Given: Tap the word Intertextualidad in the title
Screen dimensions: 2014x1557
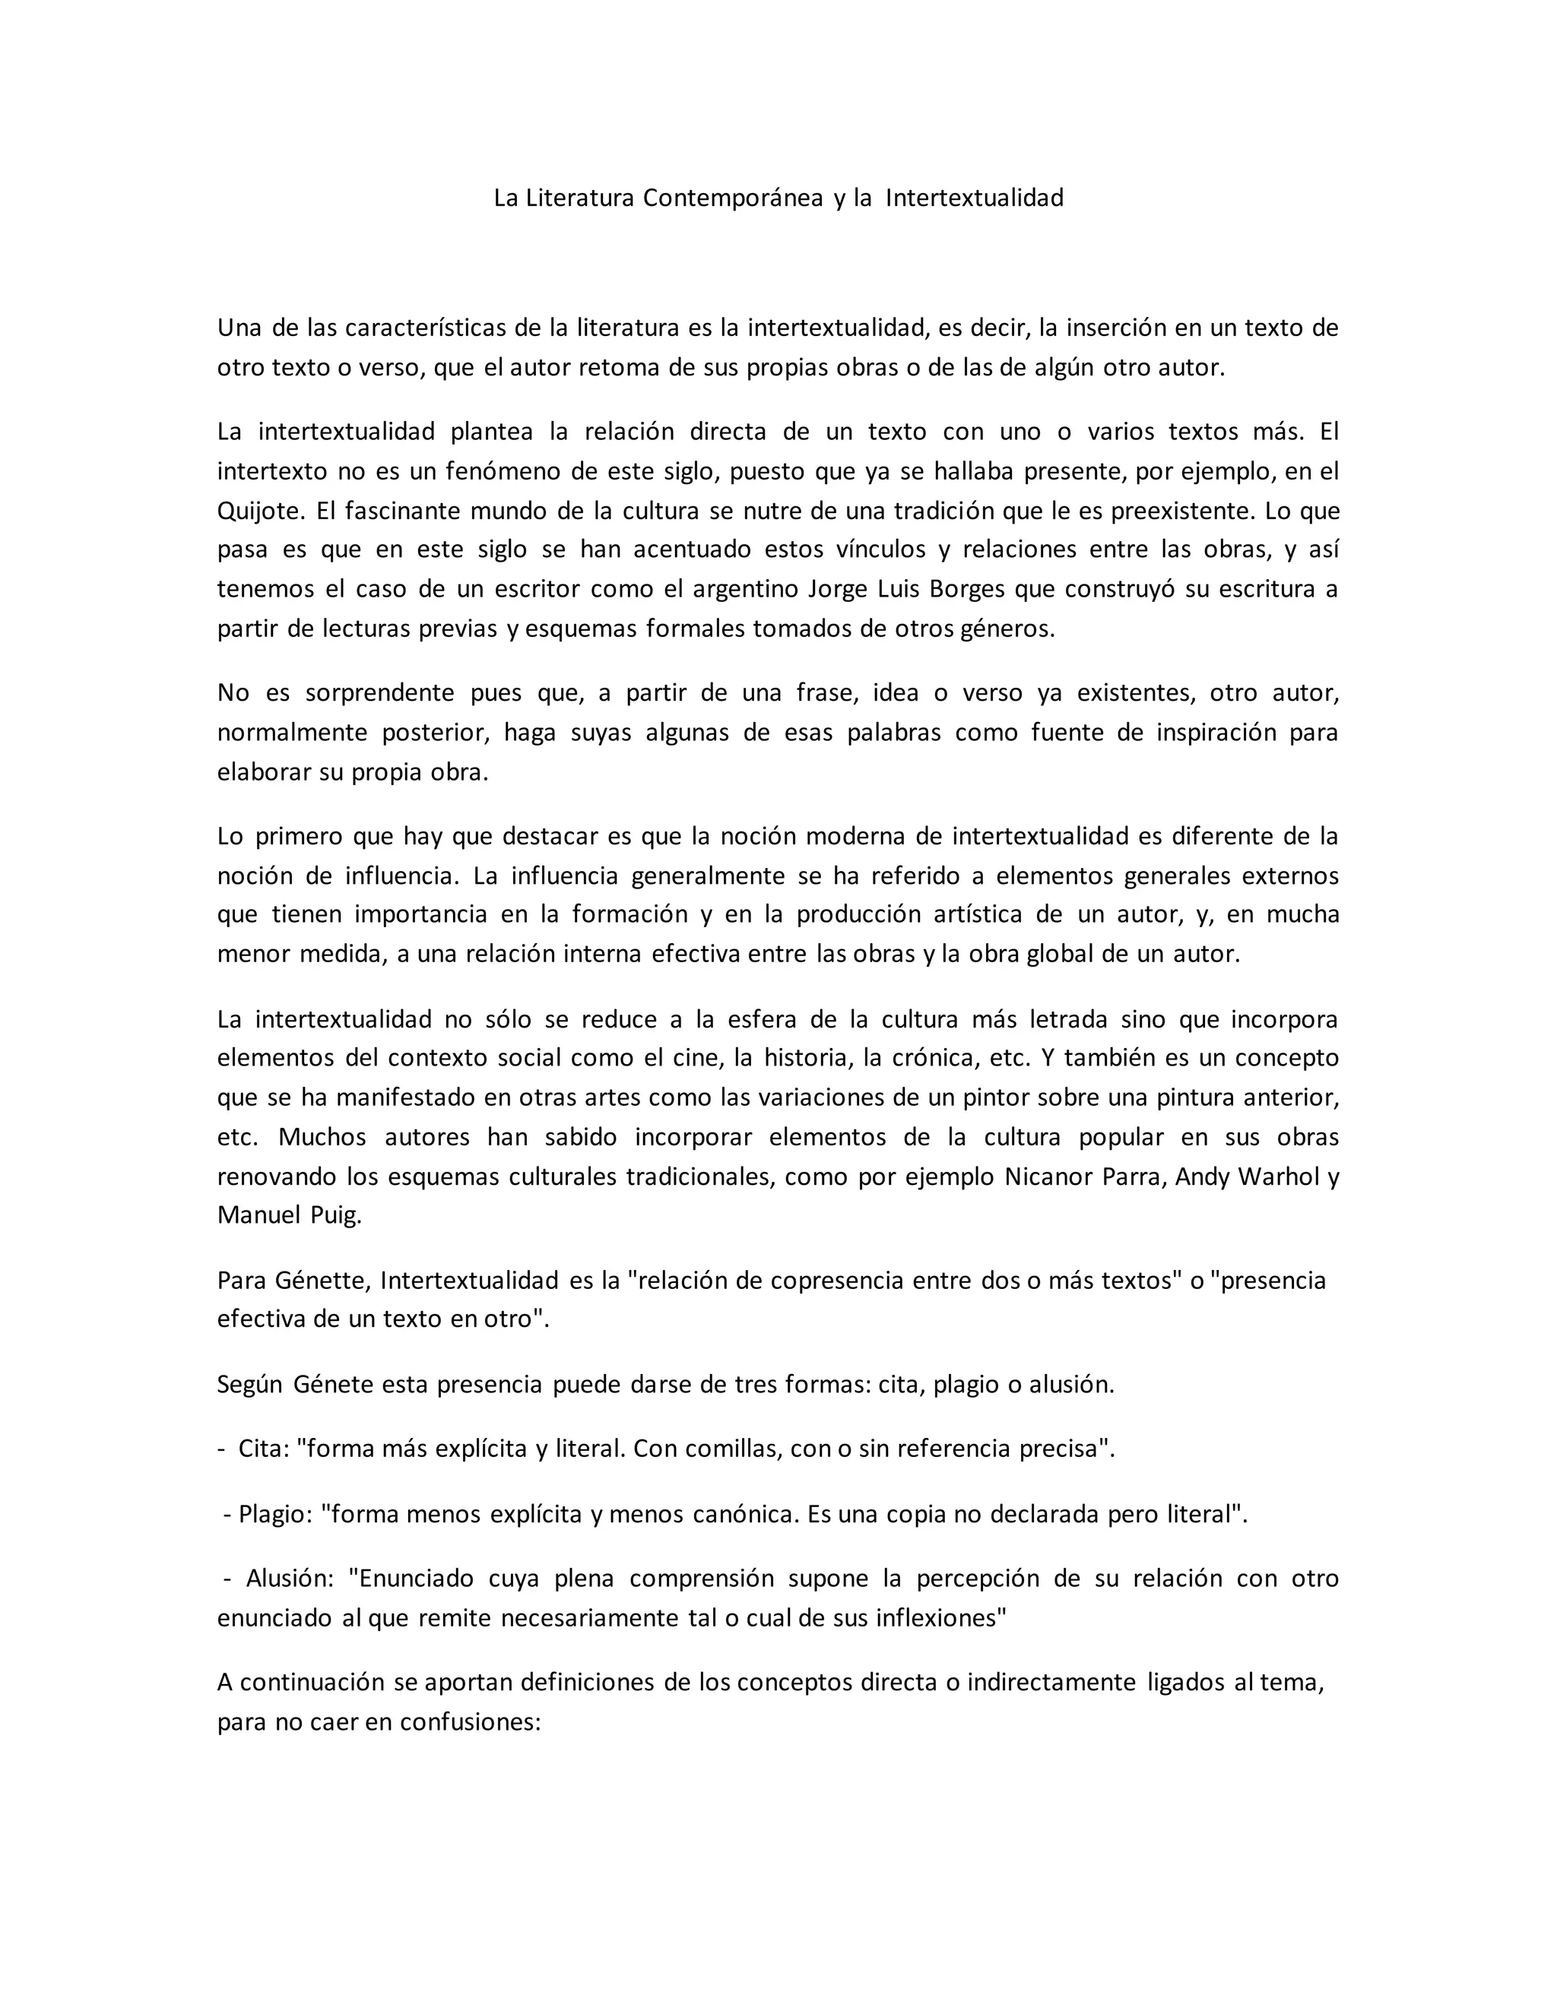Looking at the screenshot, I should (974, 198).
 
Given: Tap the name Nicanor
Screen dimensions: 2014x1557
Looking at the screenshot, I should (1045, 1177).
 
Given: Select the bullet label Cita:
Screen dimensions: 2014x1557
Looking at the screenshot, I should (263, 1449).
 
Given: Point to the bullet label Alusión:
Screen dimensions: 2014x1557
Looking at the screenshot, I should (289, 1579).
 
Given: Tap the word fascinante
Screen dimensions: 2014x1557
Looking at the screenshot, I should (401, 511).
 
